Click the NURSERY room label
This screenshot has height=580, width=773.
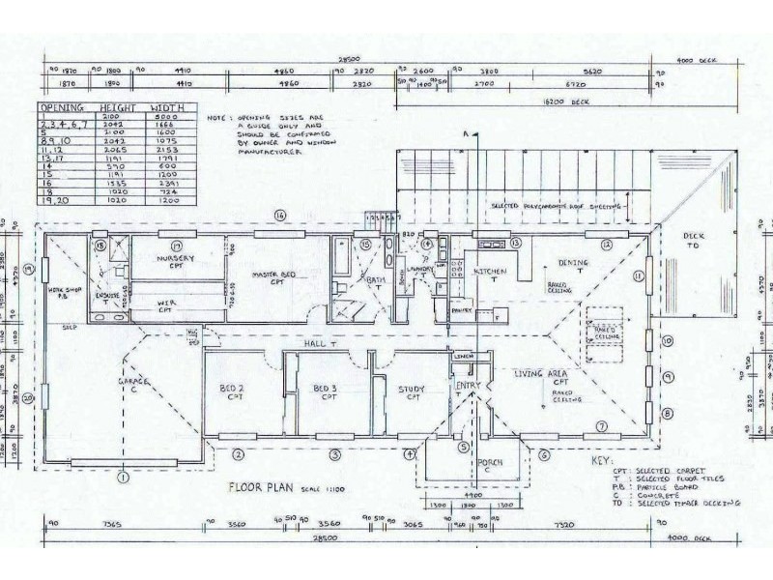point(176,259)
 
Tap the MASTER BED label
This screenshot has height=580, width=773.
point(272,275)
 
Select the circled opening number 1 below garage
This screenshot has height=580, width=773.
point(124,476)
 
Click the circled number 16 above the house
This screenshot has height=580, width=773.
point(280,215)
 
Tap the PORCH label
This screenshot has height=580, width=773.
point(490,463)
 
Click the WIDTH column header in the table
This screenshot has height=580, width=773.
point(167,108)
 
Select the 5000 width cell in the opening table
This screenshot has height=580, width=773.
point(167,117)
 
